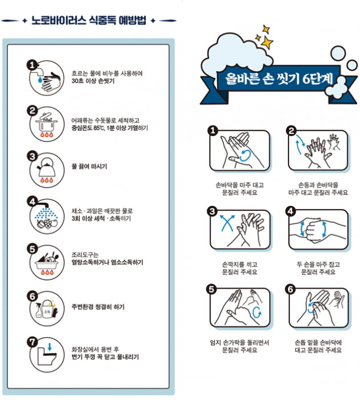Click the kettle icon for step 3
pyautogui.click(x=45, y=167)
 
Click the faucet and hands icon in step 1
pyautogui.click(x=45, y=77)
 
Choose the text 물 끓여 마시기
pyautogui.click(x=89, y=167)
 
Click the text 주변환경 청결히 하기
pyautogui.click(x=98, y=307)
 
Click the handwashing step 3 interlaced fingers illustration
pyautogui.click(x=240, y=229)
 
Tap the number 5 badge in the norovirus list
pyautogui.click(x=33, y=249)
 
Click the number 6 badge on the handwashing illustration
pyautogui.click(x=291, y=290)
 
